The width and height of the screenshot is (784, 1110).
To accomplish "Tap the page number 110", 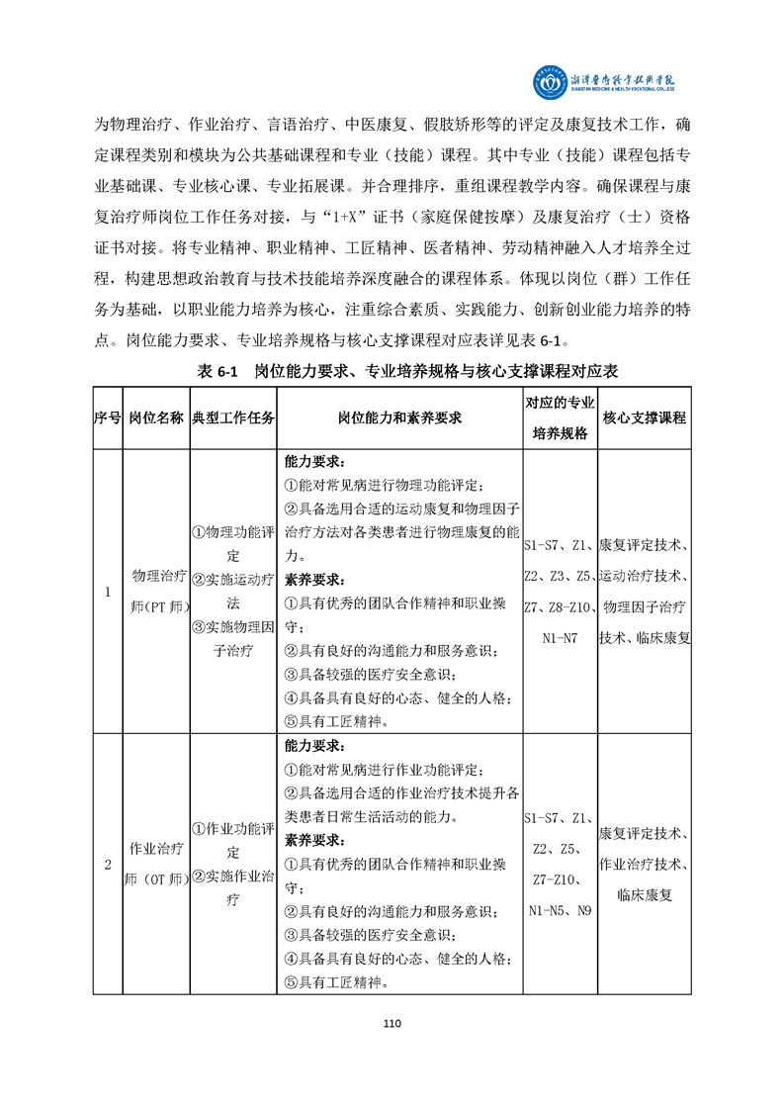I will (392, 1023).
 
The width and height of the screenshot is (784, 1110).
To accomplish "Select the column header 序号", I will (108, 418).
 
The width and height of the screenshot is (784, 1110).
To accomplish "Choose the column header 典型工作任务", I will (233, 418).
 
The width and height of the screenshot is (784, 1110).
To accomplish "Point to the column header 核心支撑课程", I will (644, 418).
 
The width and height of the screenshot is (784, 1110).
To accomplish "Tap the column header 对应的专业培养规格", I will (560, 418).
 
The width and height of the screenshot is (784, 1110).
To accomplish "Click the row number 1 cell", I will (108, 592).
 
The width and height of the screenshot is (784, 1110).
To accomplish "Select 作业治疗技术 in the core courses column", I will (644, 864).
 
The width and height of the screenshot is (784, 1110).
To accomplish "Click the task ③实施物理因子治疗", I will (233, 638).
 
